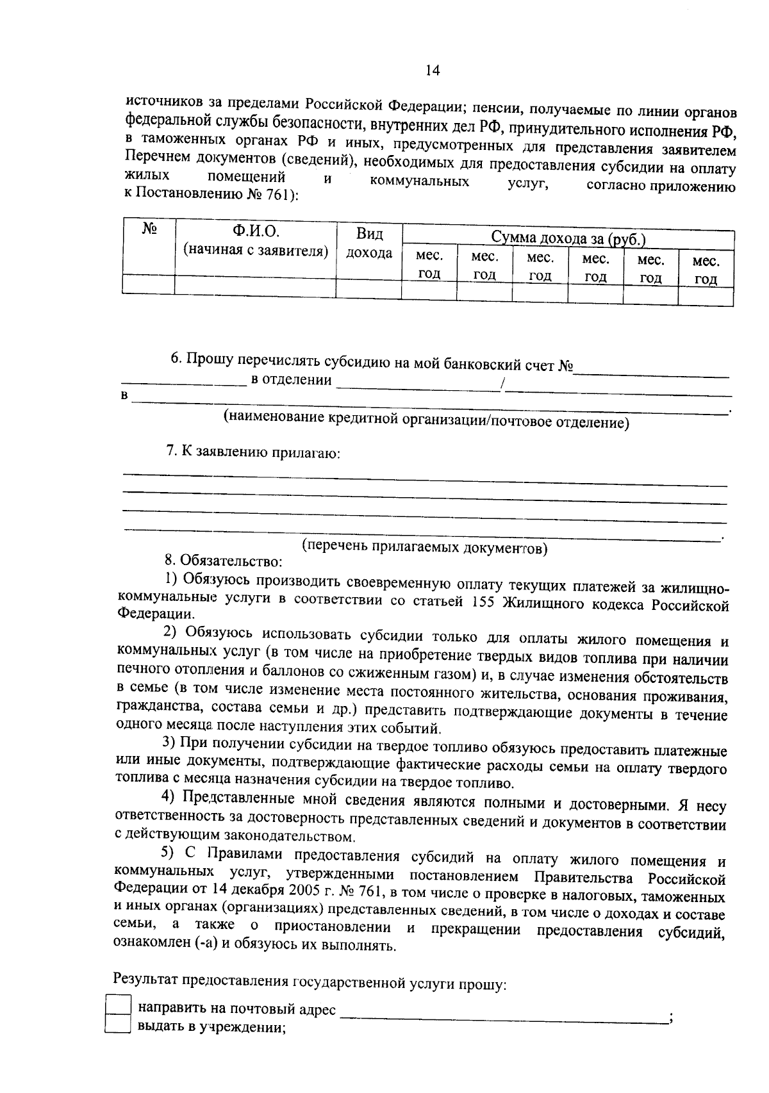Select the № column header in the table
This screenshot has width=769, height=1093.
(x=149, y=229)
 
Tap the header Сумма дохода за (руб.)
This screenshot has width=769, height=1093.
(x=568, y=238)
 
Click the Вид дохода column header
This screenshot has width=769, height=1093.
(x=369, y=243)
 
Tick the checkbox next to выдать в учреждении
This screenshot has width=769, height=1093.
(x=117, y=1025)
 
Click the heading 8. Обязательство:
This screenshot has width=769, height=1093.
(x=223, y=562)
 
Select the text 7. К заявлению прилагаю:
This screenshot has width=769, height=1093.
(x=252, y=452)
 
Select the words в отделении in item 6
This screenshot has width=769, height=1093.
(x=291, y=381)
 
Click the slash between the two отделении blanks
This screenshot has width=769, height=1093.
(x=504, y=384)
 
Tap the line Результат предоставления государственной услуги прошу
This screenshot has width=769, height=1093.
(x=310, y=983)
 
